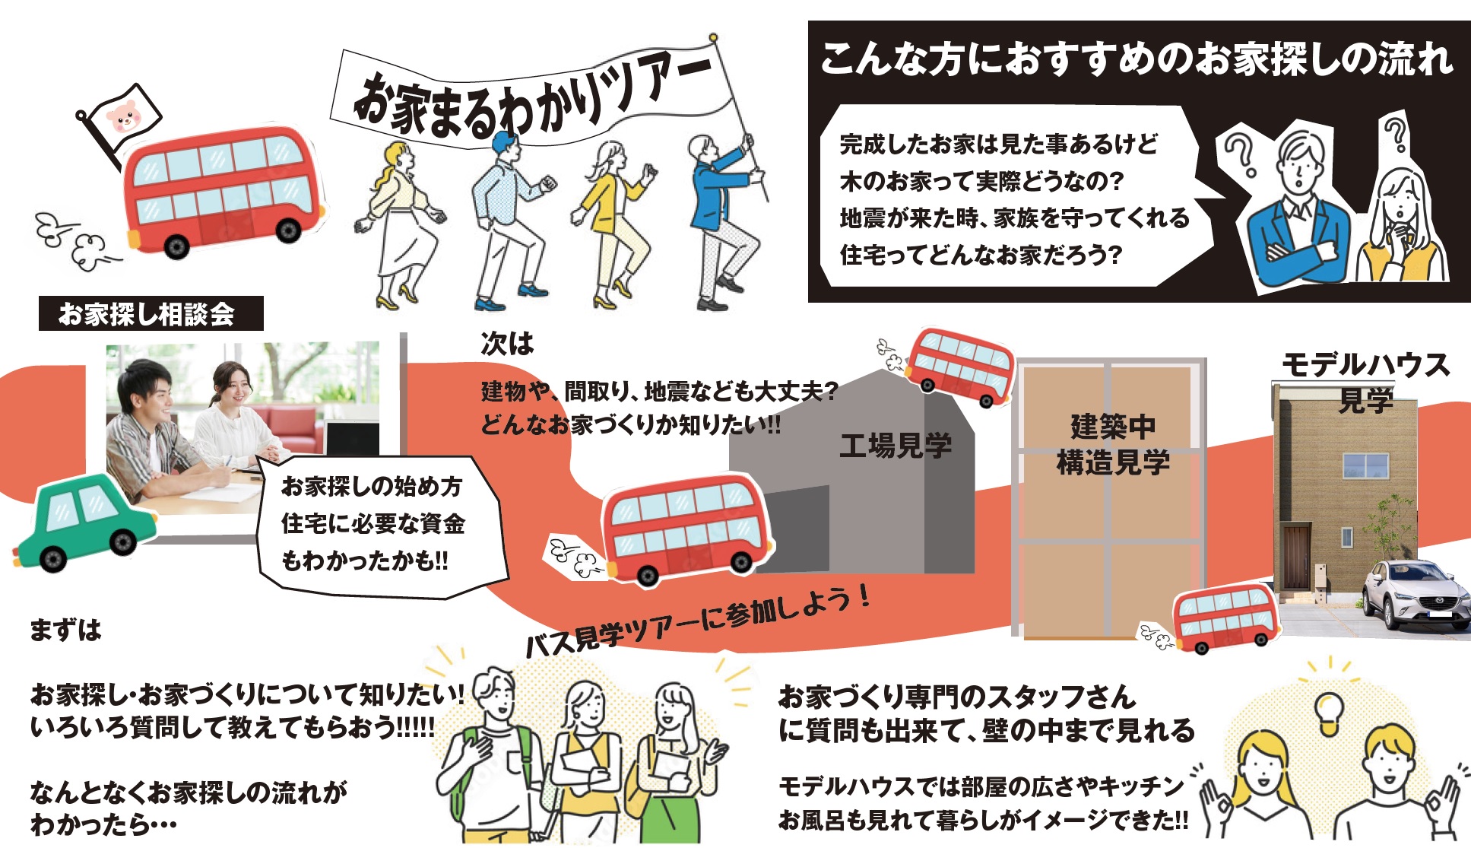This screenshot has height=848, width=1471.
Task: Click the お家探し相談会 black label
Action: click(x=151, y=313)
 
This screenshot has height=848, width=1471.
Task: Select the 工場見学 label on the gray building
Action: click(x=895, y=446)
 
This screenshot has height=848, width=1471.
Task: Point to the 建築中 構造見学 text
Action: click(x=1112, y=444)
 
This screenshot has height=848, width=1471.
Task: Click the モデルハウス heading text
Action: click(x=1365, y=366)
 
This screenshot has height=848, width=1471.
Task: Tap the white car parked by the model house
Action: click(x=1415, y=594)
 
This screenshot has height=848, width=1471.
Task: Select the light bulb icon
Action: click(x=1329, y=712)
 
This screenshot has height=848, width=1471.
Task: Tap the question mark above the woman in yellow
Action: click(x=1395, y=135)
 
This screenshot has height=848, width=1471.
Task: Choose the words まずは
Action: click(x=65, y=630)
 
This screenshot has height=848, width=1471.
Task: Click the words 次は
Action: click(x=507, y=345)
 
